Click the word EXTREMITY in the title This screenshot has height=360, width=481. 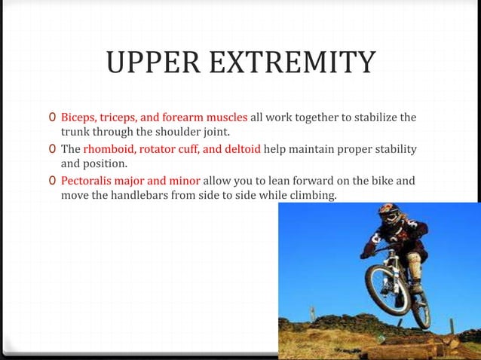coord(293,63)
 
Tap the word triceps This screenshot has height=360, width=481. coord(122,118)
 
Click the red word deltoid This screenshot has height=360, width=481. coord(242,149)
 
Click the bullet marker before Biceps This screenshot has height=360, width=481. coord(51,118)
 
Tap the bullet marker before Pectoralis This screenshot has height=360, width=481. coord(51,181)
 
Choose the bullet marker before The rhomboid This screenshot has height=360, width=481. coord(51,149)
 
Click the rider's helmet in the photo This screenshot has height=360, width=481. coord(388,214)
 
